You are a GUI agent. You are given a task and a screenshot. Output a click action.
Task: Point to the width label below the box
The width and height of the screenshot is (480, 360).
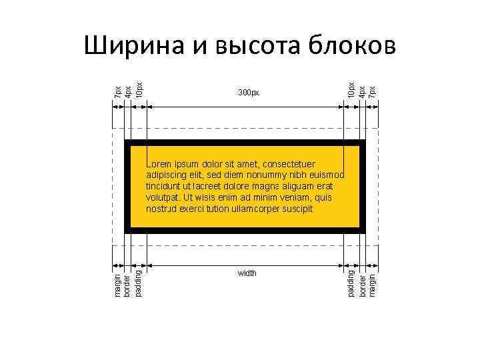pos(247,273)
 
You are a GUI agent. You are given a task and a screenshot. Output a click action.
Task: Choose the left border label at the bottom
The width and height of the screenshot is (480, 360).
pos(128,283)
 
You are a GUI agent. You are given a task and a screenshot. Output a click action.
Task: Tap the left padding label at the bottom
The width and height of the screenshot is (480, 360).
pos(138,282)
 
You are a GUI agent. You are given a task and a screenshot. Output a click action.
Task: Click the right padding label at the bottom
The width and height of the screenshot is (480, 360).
pos(351,282)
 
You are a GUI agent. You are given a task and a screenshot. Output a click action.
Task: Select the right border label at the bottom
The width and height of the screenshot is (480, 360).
pos(362,283)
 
